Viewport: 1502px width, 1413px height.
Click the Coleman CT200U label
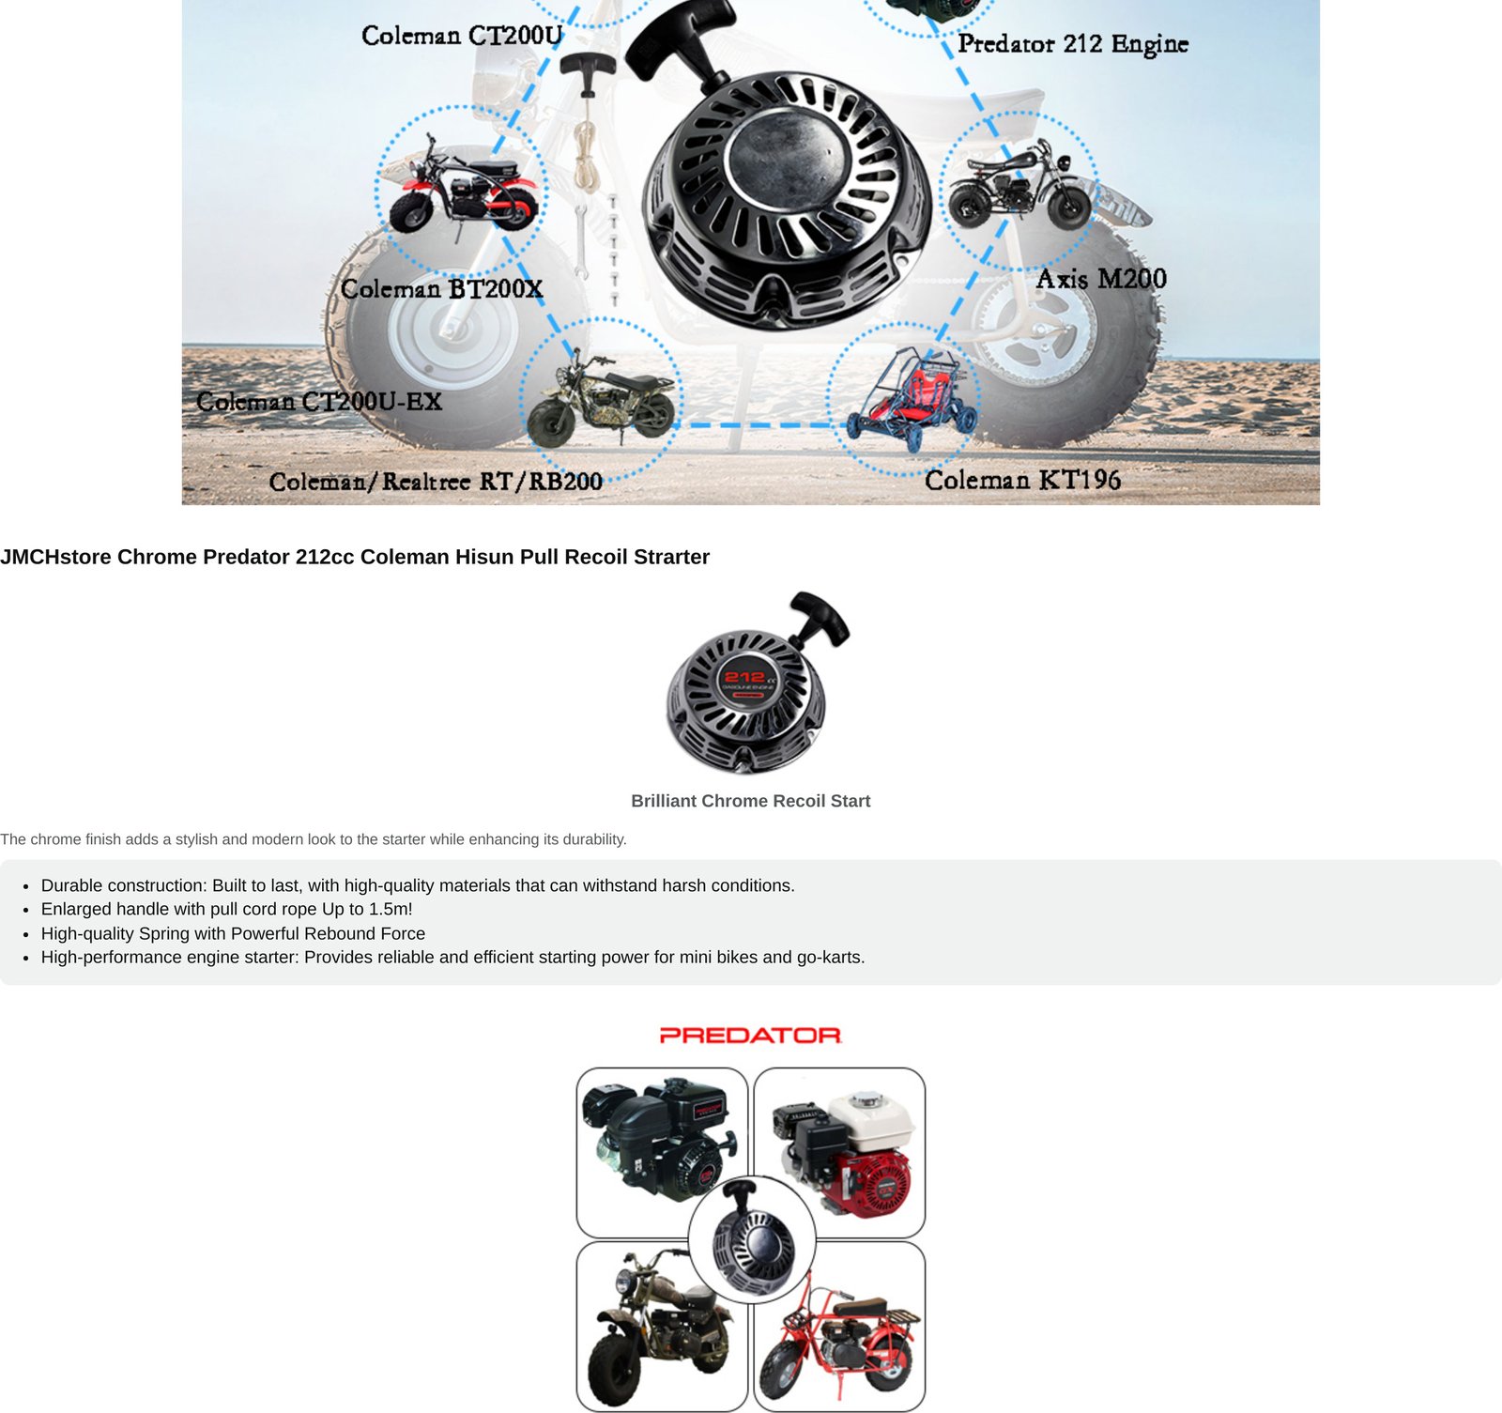pos(462,36)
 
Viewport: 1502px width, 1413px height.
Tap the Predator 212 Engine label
pos(1073,44)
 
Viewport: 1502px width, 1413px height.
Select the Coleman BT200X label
pos(442,288)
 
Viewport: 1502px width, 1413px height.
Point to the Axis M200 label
pos(1101,279)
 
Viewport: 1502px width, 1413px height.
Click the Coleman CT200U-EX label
pos(319,401)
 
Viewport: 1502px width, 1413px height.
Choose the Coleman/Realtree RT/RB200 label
pos(436,482)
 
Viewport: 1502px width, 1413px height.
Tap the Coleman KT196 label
pos(1022,480)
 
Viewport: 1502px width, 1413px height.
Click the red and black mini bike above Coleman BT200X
pos(462,186)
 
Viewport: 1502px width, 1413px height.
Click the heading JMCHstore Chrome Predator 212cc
pos(355,557)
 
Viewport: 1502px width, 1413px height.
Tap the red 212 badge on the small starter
pos(744,677)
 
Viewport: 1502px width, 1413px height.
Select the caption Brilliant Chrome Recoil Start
pos(751,801)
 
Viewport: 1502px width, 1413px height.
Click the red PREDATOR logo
pos(750,1036)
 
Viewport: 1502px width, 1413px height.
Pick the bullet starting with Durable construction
pos(418,885)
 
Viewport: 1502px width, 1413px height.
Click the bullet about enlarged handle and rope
pos(227,909)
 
